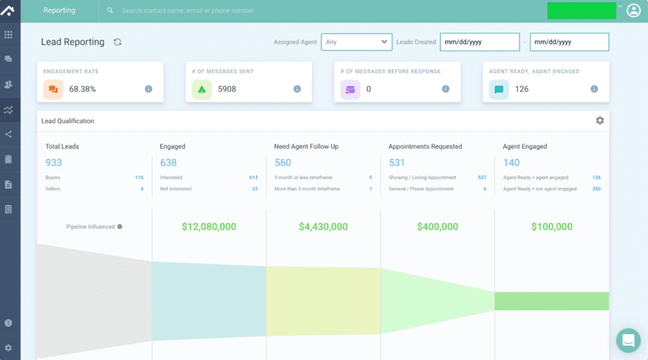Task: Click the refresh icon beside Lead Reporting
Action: pyautogui.click(x=117, y=42)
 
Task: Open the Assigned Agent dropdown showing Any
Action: pyautogui.click(x=356, y=42)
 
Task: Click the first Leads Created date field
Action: pyautogui.click(x=479, y=42)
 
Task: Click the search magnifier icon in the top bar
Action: pyautogui.click(x=110, y=11)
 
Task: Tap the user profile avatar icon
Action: pyautogui.click(x=633, y=11)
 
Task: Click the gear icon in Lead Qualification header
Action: pyautogui.click(x=599, y=121)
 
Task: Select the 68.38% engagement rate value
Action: pyautogui.click(x=82, y=89)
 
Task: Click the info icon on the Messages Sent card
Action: pyautogui.click(x=297, y=89)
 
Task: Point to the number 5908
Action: pyautogui.click(x=227, y=89)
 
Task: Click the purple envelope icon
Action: pyautogui.click(x=350, y=89)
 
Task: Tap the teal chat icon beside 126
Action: pyautogui.click(x=499, y=89)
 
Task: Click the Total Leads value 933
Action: pyautogui.click(x=54, y=163)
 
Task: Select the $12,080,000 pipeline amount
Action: pyautogui.click(x=209, y=227)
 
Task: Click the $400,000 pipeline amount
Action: pyautogui.click(x=437, y=227)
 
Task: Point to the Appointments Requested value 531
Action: pyautogui.click(x=397, y=163)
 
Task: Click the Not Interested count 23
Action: pyautogui.click(x=254, y=189)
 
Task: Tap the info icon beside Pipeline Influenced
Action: pyautogui.click(x=120, y=227)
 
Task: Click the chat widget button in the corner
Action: pyautogui.click(x=628, y=340)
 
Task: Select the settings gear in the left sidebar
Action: pyautogui.click(x=8, y=347)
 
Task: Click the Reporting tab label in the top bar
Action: pyautogui.click(x=59, y=11)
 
